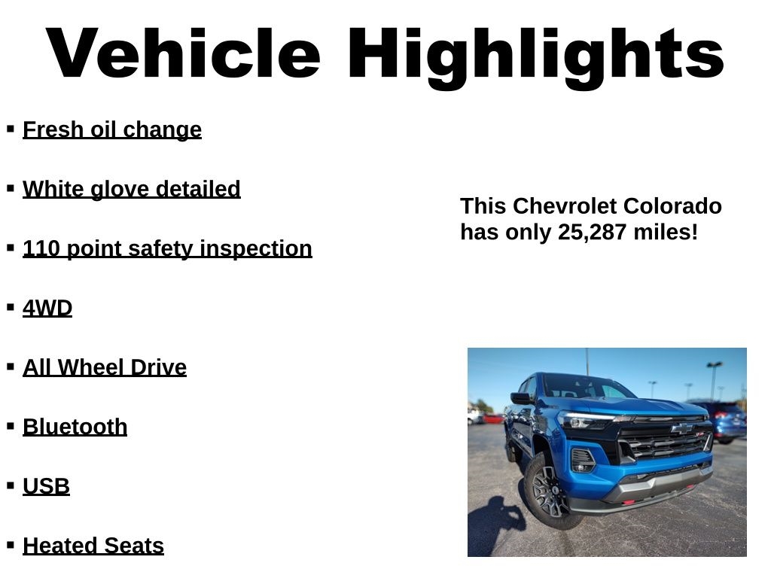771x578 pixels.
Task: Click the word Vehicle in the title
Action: click(184, 54)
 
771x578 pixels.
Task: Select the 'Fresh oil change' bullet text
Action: click(112, 129)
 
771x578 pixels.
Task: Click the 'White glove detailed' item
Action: click(132, 189)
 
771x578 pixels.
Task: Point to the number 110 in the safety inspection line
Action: click(42, 248)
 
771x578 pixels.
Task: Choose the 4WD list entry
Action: click(47, 308)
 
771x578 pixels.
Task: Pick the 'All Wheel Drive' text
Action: click(105, 367)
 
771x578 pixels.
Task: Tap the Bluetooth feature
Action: click(75, 427)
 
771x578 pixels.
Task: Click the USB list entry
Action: click(47, 486)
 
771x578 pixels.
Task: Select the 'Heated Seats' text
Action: click(93, 546)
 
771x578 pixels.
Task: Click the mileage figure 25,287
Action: click(592, 232)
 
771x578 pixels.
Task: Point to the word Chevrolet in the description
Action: click(582, 206)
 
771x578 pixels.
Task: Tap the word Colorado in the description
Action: click(681, 206)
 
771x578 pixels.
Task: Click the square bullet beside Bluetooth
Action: click(11, 426)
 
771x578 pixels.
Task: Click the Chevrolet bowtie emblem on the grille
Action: click(681, 428)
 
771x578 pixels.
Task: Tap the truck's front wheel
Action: click(552, 490)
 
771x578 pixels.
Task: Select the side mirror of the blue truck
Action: click(520, 399)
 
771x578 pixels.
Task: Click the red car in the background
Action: click(494, 418)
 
